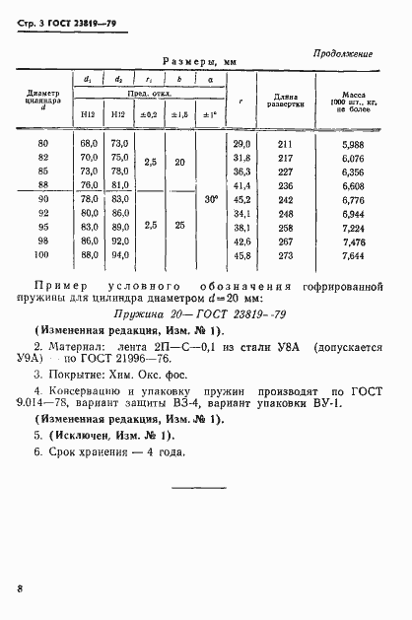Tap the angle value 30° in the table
[210, 200]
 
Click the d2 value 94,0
[118, 256]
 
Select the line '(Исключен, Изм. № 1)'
[103, 435]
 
